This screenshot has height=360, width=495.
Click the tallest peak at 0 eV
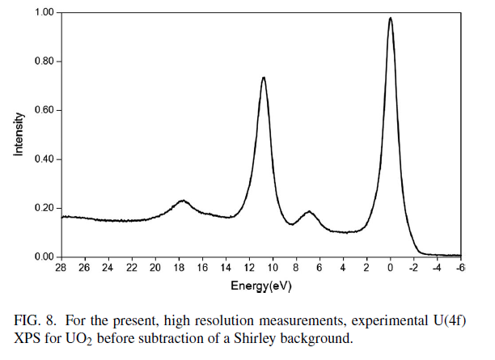point(390,19)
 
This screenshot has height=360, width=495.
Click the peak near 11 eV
point(264,78)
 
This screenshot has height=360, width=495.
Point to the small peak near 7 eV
point(308,212)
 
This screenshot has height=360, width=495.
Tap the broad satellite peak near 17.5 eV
point(183,201)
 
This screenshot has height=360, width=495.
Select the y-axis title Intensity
point(18,133)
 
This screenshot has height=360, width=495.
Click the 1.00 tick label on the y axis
point(44,13)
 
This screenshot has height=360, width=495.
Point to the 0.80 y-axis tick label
point(44,61)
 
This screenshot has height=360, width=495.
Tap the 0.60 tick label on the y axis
point(44,110)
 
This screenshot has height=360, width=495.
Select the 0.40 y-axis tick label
point(44,159)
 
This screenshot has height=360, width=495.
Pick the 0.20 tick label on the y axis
point(44,208)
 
